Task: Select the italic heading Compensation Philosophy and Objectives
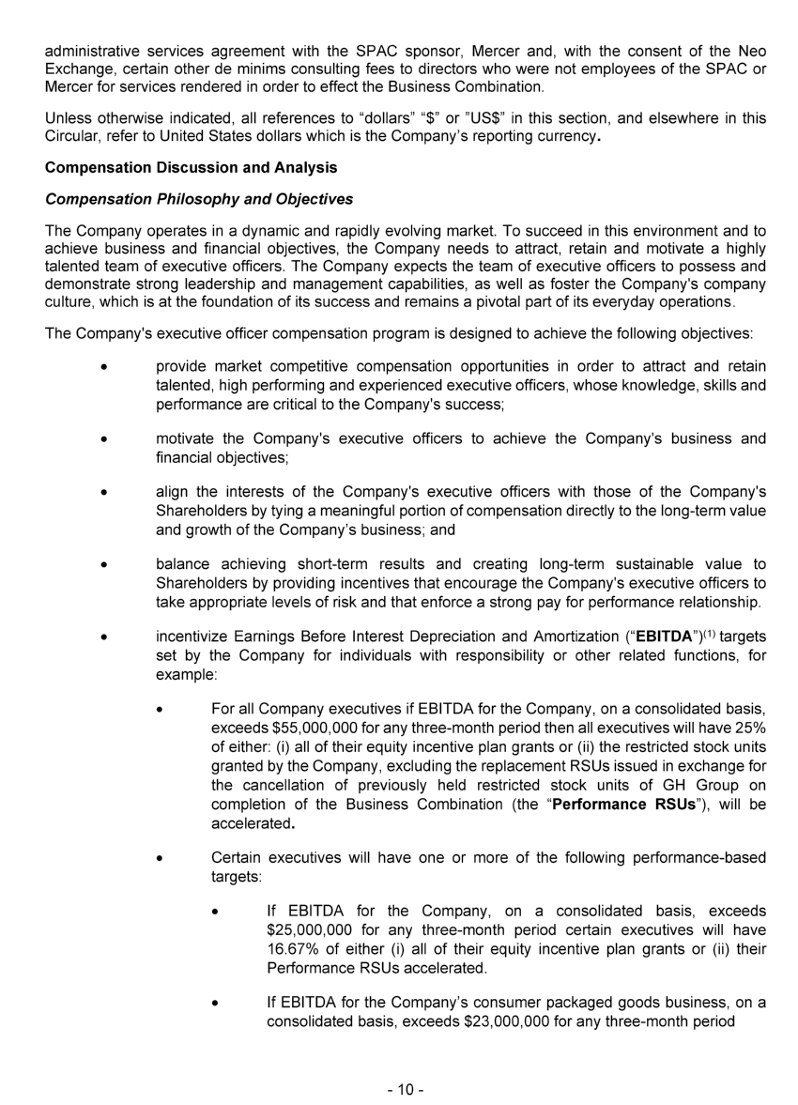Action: tap(199, 199)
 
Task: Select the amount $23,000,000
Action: tap(514, 1021)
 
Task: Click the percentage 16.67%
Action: tap(291, 948)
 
